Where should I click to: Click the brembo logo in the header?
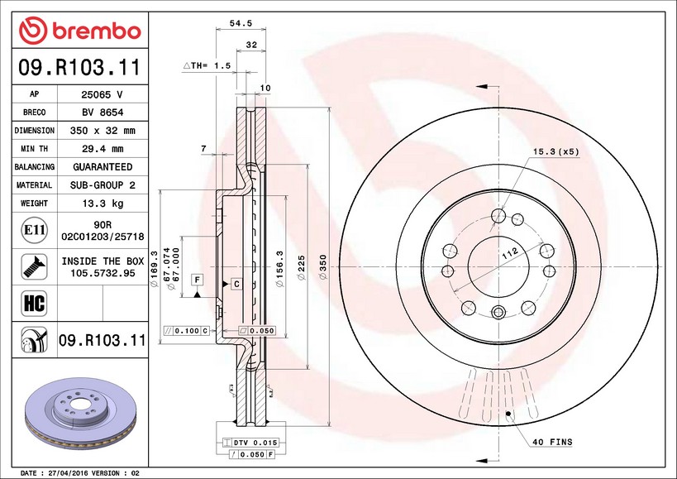tap(80, 31)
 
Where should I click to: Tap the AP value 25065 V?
tap(102, 94)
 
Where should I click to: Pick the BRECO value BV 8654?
tap(102, 113)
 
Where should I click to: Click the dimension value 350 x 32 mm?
tap(102, 131)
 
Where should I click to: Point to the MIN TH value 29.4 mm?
tap(102, 149)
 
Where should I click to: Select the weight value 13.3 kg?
tap(102, 203)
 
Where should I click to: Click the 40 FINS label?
tap(551, 443)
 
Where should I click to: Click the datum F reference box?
tap(198, 280)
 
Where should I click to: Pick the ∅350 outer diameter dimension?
tap(323, 266)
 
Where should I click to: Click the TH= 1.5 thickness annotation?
tap(207, 65)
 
